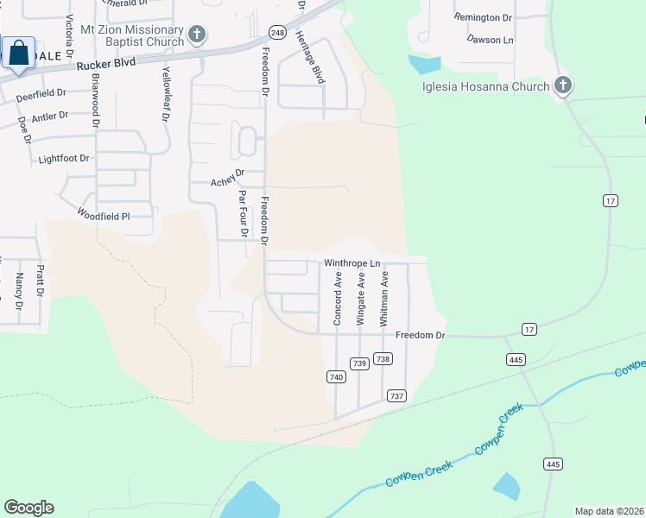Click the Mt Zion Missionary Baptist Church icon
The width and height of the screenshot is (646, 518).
tap(197, 35)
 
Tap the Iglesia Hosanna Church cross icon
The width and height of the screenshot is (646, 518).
tap(563, 85)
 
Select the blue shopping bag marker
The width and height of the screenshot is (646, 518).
tap(19, 54)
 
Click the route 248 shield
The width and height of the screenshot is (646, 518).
tap(276, 32)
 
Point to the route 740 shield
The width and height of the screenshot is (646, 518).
tap(337, 376)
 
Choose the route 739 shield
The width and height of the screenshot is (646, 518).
tap(360, 363)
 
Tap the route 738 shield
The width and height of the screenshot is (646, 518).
tap(383, 359)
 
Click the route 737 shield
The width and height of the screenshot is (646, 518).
tap(396, 395)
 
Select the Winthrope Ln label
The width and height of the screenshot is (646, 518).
tap(351, 263)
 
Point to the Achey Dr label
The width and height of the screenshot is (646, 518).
tap(229, 181)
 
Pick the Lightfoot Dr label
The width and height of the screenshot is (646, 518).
tap(64, 160)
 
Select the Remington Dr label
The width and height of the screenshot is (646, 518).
tap(483, 17)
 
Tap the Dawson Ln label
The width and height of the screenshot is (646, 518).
tap(490, 40)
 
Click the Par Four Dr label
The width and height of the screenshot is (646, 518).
tap(244, 213)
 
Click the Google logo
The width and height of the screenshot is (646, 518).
tap(28, 508)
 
